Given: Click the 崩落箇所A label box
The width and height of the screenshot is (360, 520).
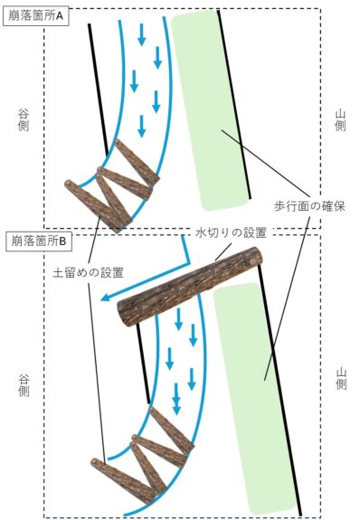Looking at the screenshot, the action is (35, 16).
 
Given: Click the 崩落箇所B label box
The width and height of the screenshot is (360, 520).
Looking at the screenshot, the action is (39, 241).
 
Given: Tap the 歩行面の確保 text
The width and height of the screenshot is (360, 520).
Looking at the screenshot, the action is (309, 206).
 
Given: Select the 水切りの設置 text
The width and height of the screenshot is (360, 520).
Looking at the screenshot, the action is (232, 232).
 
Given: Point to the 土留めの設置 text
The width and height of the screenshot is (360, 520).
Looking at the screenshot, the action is (89, 272).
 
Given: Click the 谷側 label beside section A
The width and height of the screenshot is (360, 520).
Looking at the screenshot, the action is (24, 120).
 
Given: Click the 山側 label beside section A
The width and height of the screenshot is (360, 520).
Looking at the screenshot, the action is (340, 120).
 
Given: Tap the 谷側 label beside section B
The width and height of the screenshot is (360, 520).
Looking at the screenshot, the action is (24, 385).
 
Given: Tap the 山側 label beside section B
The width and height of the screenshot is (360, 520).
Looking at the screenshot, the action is (341, 378).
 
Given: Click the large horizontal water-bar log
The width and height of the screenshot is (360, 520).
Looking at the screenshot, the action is (190, 287).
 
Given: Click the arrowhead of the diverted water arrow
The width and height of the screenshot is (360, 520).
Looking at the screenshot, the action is (105, 298).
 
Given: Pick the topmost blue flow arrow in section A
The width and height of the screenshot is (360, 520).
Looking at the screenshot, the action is (142, 34).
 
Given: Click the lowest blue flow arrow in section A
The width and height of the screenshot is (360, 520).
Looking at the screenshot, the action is (142, 126).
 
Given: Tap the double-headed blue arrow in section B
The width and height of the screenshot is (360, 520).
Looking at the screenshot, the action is (177, 399).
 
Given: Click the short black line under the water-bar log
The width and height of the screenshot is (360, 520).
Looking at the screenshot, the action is (144, 364).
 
